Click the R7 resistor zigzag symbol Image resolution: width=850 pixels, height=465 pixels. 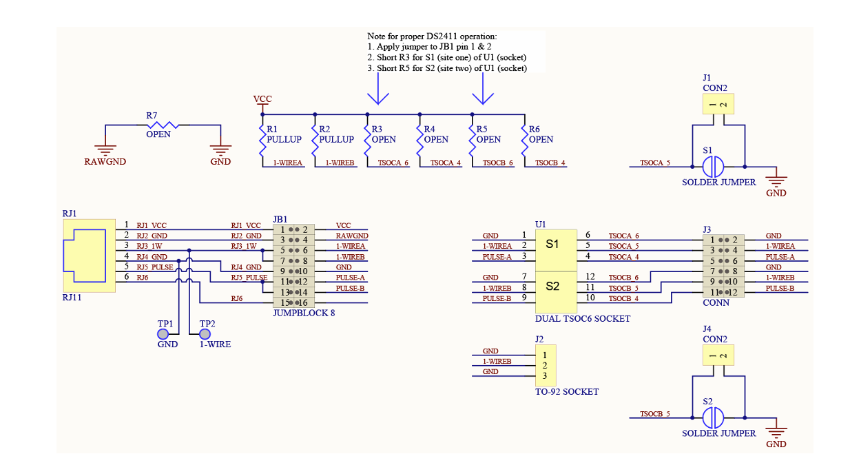(163, 125)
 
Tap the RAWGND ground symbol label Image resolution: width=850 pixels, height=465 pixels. (105, 162)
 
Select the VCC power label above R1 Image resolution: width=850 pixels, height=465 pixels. (262, 99)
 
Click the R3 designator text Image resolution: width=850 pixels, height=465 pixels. (377, 129)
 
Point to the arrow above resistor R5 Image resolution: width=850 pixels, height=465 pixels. (483, 88)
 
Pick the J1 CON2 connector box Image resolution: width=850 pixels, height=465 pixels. (718, 103)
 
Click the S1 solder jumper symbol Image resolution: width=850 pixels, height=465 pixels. (713, 167)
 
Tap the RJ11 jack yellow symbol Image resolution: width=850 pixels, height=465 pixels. (89, 256)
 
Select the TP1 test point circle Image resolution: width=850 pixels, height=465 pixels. (163, 334)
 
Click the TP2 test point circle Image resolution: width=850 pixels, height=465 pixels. (205, 334)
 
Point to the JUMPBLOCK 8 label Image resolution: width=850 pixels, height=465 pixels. (304, 313)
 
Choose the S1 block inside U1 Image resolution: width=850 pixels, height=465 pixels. (556, 250)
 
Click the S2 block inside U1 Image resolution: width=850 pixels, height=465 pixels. (556, 292)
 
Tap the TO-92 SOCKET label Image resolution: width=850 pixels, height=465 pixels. (567, 392)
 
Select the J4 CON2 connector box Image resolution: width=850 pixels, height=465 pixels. (718, 355)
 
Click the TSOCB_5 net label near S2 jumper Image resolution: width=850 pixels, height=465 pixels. (655, 414)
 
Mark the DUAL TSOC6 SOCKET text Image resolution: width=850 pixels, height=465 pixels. (583, 319)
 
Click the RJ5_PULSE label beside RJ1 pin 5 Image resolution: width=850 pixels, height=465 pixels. (155, 267)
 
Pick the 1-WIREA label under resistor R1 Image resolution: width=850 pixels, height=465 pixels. (288, 163)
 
